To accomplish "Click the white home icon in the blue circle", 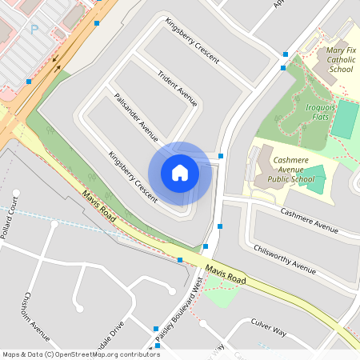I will (x=180, y=173).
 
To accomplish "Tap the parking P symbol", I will (x=34, y=30).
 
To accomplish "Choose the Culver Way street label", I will (x=269, y=328).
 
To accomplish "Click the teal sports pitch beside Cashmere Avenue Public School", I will (x=314, y=179).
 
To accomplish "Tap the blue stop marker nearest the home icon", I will (x=221, y=156).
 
